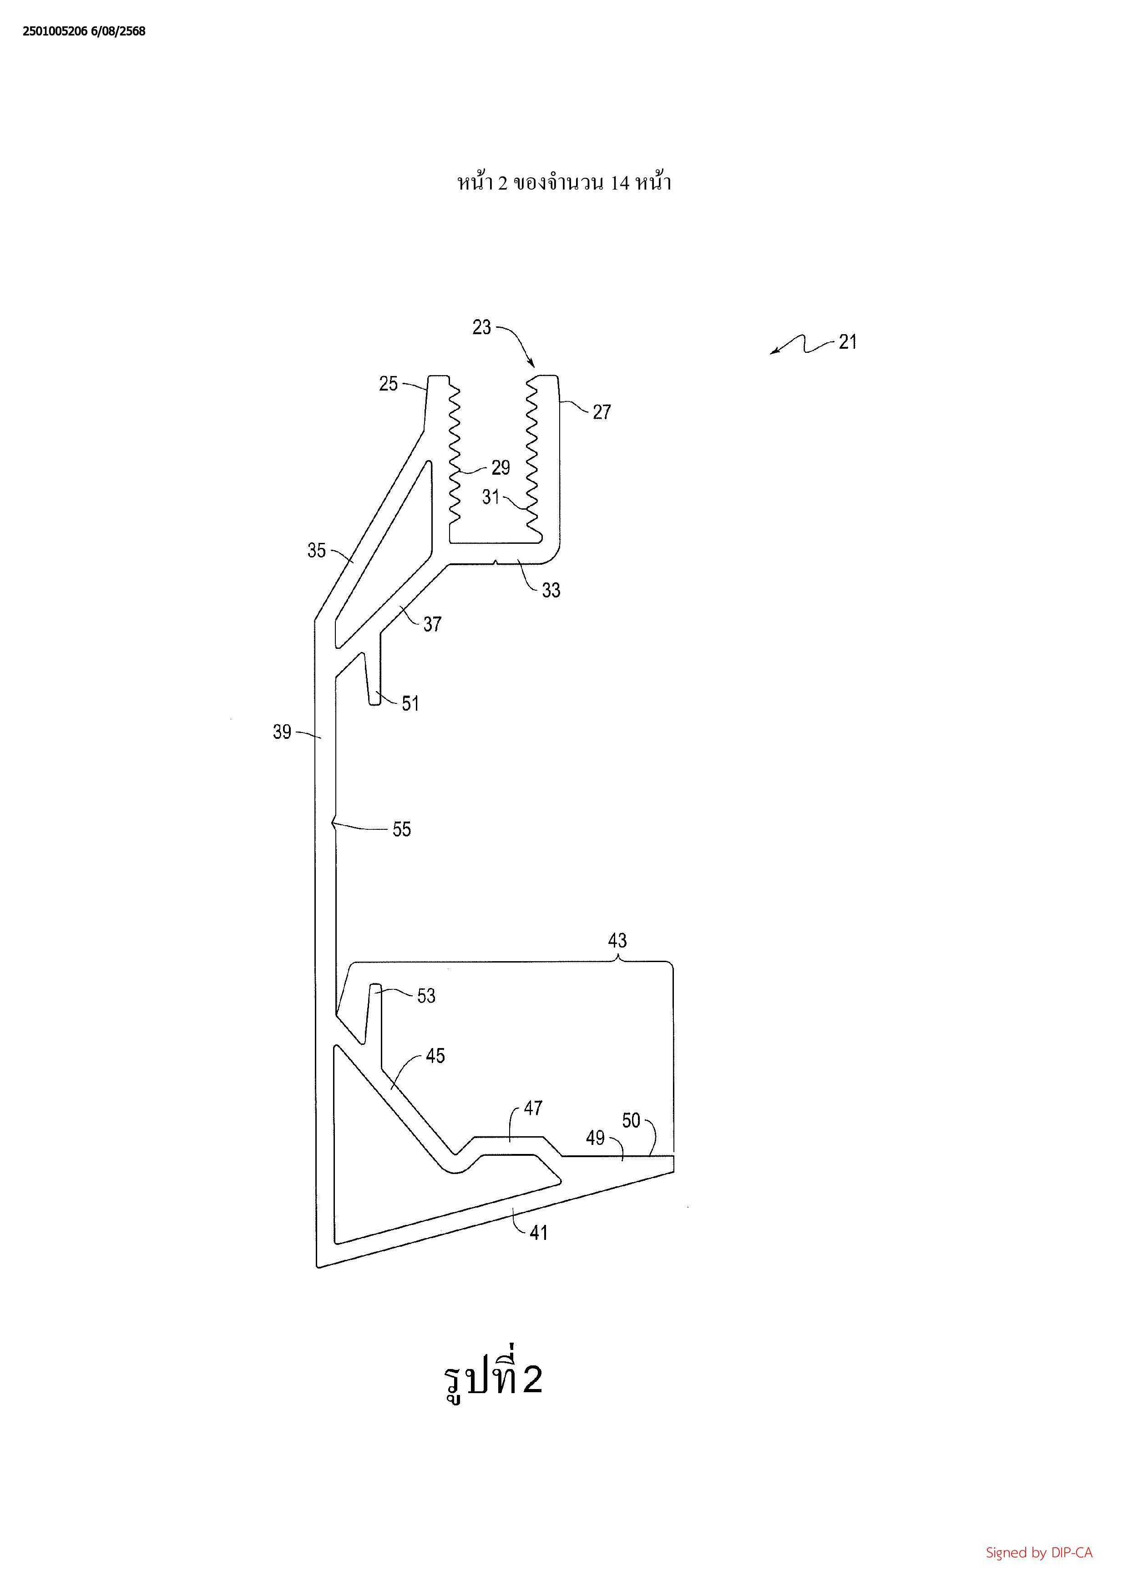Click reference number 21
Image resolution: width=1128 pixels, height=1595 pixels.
tap(847, 342)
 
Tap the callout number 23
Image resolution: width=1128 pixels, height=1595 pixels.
tap(482, 327)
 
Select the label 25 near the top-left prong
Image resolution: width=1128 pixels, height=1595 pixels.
tap(389, 383)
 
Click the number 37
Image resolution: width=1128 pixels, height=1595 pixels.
tap(432, 625)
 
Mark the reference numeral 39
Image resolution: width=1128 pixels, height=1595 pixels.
tap(282, 732)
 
